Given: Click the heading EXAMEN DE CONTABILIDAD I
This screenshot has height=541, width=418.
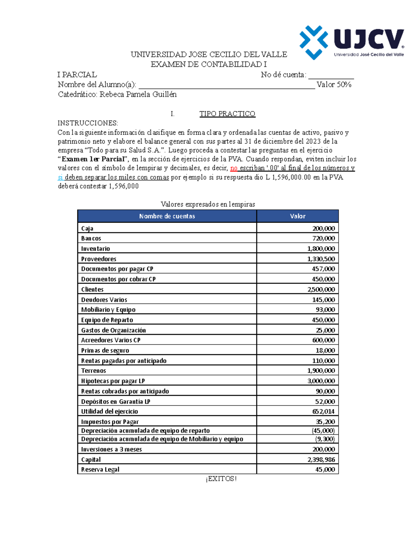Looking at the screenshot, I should [x=208, y=64].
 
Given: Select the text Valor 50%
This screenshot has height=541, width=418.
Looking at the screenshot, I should [x=334, y=85].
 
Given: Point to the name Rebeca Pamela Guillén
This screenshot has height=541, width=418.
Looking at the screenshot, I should [x=138, y=94].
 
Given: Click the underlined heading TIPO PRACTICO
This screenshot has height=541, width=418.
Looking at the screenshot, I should [x=227, y=114].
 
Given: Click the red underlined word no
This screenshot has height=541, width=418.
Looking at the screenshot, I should [x=234, y=168].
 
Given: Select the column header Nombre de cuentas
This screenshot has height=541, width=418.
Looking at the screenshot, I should [x=167, y=216].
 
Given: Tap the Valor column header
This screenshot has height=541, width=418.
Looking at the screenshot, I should [x=297, y=216].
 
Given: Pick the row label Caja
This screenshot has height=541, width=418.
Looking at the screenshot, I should [x=87, y=229].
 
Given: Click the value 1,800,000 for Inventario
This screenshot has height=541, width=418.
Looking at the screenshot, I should [x=321, y=249].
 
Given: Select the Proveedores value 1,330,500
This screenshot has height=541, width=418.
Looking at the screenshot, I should [x=321, y=259].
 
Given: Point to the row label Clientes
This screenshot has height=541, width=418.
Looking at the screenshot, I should [x=92, y=289].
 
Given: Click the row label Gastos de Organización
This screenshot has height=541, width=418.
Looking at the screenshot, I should [x=114, y=330].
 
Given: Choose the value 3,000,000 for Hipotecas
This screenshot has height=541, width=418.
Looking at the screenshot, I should [x=321, y=381].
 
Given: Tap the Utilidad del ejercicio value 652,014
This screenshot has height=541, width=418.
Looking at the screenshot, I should [x=323, y=411].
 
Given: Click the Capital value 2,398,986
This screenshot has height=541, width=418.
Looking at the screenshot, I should [x=321, y=460].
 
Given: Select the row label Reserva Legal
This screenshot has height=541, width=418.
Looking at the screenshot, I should [x=100, y=470].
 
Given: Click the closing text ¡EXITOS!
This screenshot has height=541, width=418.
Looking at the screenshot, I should [x=221, y=479].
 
